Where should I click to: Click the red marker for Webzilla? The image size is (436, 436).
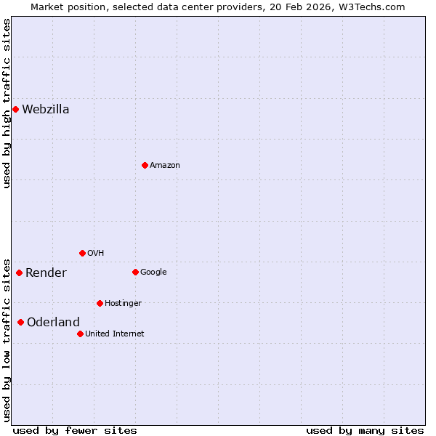(x=15, y=109)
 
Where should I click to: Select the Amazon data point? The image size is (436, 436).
(x=145, y=165)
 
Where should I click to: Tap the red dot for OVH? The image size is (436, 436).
(x=82, y=253)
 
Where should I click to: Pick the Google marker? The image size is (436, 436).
(x=135, y=272)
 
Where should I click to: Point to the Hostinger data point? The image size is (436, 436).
(x=100, y=303)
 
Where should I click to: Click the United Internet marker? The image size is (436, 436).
(x=80, y=334)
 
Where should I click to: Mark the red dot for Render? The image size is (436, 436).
(x=19, y=272)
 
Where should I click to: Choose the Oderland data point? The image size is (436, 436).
(x=20, y=322)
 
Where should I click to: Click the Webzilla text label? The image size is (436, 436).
(x=46, y=110)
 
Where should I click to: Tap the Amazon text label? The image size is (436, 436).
(x=165, y=166)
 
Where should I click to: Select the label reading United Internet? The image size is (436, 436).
(x=115, y=334)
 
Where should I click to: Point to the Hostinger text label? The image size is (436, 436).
(x=123, y=304)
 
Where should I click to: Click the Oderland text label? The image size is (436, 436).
(x=53, y=323)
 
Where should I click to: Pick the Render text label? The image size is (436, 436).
(x=46, y=273)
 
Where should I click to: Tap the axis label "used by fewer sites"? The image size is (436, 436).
(x=75, y=430)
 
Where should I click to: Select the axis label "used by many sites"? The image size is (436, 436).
(x=365, y=430)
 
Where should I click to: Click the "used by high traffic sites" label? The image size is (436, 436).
(x=7, y=103)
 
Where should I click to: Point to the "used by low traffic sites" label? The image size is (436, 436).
(x=7, y=339)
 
